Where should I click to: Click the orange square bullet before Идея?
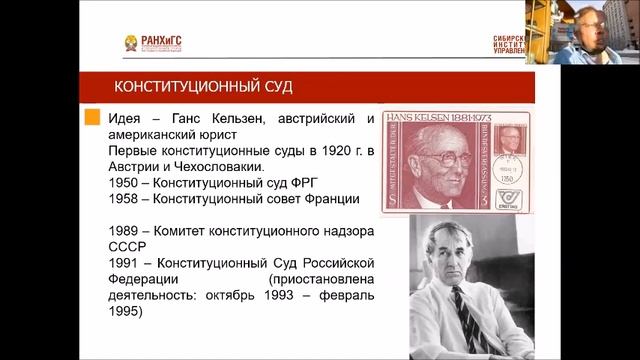tap(90, 118)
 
